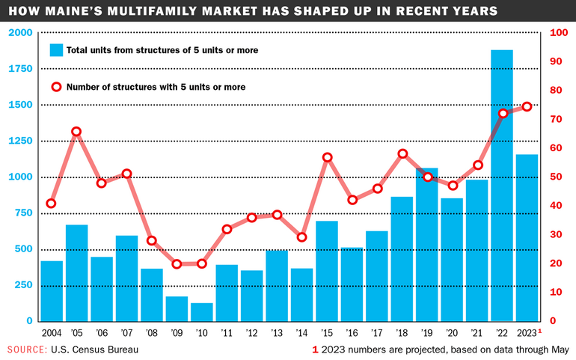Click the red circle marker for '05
point(76,132)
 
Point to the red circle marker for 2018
point(402,154)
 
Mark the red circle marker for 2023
point(527,107)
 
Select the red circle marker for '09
point(177,264)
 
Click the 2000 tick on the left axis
point(22,33)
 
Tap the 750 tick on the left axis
point(24,213)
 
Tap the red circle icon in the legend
point(56,87)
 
